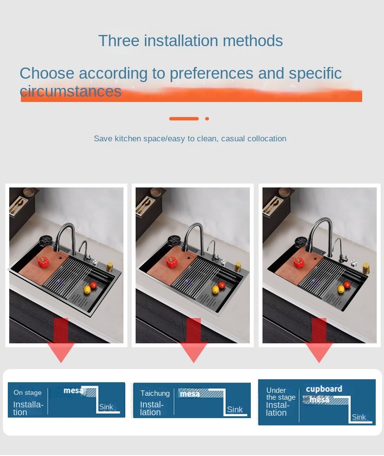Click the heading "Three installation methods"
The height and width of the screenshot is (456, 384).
191,40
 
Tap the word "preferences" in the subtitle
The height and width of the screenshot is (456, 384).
211,74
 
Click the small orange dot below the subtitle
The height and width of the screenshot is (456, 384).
207,118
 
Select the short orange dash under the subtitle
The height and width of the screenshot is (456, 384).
184,118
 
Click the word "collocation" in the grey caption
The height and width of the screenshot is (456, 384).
267,138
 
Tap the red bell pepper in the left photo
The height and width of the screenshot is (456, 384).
43,262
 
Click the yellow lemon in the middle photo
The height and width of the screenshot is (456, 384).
215,289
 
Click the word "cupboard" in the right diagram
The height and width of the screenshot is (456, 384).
324,389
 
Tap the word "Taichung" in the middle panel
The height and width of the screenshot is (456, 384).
155,393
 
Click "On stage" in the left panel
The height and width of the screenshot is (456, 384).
28,392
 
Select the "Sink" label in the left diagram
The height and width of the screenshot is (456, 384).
105,407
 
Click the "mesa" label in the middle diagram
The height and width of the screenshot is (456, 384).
190,394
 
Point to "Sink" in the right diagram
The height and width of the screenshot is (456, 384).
359,417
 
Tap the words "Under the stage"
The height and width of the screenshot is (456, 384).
281,394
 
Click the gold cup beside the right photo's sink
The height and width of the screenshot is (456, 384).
366,268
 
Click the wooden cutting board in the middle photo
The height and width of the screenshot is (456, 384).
172,265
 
